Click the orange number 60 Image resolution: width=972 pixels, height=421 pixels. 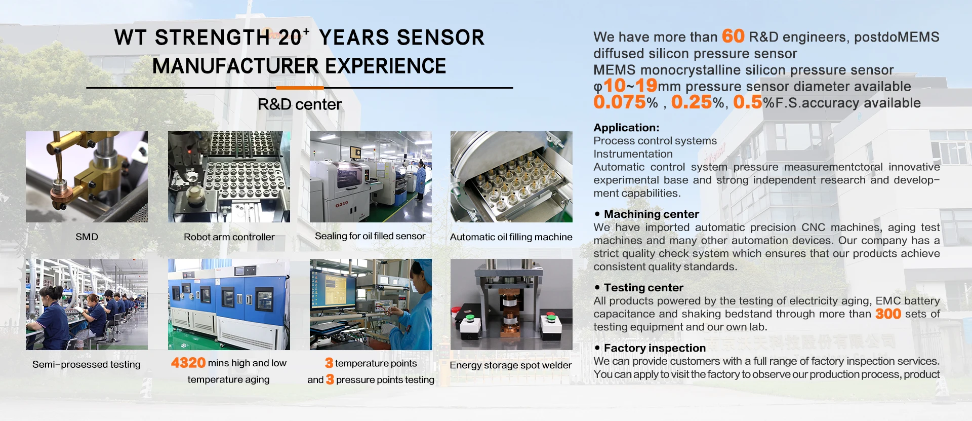[733, 36]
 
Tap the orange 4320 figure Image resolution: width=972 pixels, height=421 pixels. [188, 363]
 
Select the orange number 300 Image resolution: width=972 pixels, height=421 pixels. [888, 314]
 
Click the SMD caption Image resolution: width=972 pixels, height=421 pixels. [87, 237]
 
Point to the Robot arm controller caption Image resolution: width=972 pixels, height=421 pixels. [229, 237]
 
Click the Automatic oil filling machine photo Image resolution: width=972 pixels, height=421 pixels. [511, 177]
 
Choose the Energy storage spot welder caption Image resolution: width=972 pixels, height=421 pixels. [510, 365]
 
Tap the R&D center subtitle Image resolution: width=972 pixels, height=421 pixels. [300, 104]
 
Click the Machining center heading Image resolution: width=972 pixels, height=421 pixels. [651, 214]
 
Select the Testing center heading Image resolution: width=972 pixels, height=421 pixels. [643, 288]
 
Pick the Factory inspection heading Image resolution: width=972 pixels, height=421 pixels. [655, 348]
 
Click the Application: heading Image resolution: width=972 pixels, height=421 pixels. [626, 128]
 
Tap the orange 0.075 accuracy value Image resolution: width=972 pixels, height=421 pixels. [620, 102]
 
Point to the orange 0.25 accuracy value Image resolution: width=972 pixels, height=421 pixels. [692, 102]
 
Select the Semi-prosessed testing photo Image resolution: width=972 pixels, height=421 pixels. [87, 304]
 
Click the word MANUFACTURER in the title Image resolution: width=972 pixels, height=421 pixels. [235, 66]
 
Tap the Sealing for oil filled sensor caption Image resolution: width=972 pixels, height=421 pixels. [370, 236]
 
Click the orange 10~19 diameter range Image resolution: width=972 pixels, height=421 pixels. [630, 86]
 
